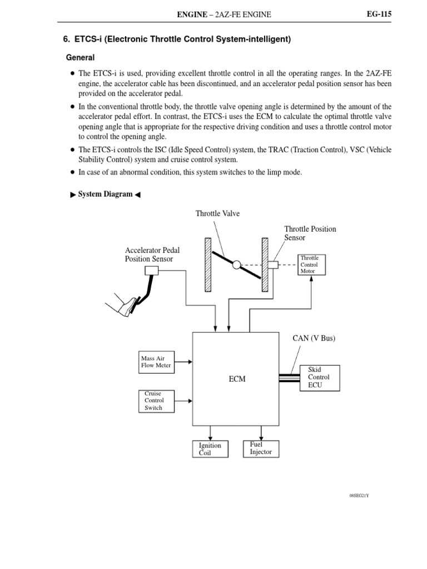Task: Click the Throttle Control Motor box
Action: pos(312,265)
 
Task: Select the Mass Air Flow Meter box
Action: pos(156,362)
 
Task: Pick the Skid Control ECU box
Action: pos(319,377)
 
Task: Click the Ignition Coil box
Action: pos(210,448)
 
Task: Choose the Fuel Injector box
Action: pos(261,448)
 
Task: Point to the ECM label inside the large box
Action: pos(237,379)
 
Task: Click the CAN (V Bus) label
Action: pos(314,338)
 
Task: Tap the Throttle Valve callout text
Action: pos(217,213)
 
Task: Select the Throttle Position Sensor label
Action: pos(310,233)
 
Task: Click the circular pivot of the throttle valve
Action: pos(236,265)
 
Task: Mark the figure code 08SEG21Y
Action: pos(359,495)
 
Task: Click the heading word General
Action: pos(80,58)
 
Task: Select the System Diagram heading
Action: pos(105,194)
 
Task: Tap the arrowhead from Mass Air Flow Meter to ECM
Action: pos(190,362)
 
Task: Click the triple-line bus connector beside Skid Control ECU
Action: pos(289,378)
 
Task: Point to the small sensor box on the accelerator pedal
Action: pos(151,271)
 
